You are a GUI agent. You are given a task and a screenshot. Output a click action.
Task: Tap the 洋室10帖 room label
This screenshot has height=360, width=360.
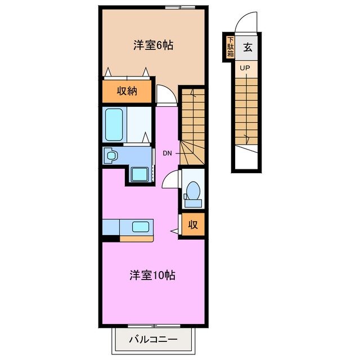tap(152, 276)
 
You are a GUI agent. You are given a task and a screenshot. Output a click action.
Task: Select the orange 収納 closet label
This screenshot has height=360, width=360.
tap(127, 91)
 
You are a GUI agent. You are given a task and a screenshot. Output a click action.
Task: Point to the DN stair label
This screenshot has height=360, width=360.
tap(168, 153)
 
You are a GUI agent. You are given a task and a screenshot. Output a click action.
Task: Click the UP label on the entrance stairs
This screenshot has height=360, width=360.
tap(245, 68)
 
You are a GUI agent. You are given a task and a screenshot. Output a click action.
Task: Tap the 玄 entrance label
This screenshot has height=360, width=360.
tap(247, 47)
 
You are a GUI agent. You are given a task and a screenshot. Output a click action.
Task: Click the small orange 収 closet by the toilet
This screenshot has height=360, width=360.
tap(192, 226)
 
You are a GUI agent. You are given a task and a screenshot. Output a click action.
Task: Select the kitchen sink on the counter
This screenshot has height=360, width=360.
tap(140, 227)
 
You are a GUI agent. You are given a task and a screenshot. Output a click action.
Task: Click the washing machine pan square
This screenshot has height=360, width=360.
tap(139, 174)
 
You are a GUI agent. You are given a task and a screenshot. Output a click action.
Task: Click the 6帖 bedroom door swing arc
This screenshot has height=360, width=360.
tap(165, 94)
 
